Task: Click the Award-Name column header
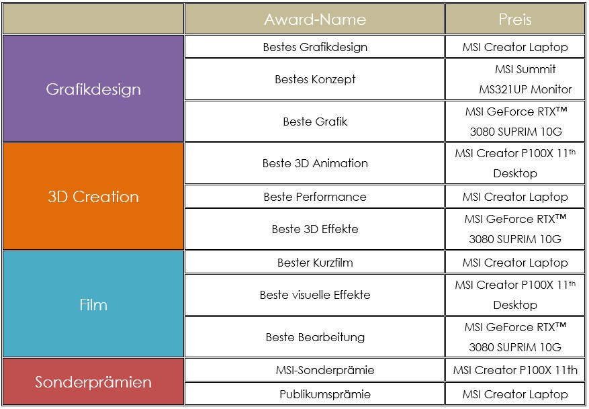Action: [315, 19]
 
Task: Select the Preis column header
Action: [515, 19]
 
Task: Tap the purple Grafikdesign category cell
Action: [93, 89]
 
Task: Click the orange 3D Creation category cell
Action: [93, 196]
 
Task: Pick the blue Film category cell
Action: [93, 304]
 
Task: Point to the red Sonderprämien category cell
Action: [93, 381]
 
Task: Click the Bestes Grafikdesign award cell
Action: [315, 47]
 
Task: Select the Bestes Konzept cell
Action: [315, 79]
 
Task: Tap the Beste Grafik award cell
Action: [315, 122]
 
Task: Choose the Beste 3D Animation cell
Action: [315, 163]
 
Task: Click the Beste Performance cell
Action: [315, 196]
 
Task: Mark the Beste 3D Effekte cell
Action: [315, 229]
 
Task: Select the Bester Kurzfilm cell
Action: [315, 262]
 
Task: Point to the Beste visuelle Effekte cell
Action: [315, 295]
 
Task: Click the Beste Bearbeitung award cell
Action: [315, 337]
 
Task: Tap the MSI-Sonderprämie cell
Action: [315, 370]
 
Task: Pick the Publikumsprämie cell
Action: [315, 394]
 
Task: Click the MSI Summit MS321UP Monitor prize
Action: [515, 79]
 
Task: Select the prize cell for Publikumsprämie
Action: [515, 394]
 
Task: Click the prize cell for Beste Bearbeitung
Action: [515, 337]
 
